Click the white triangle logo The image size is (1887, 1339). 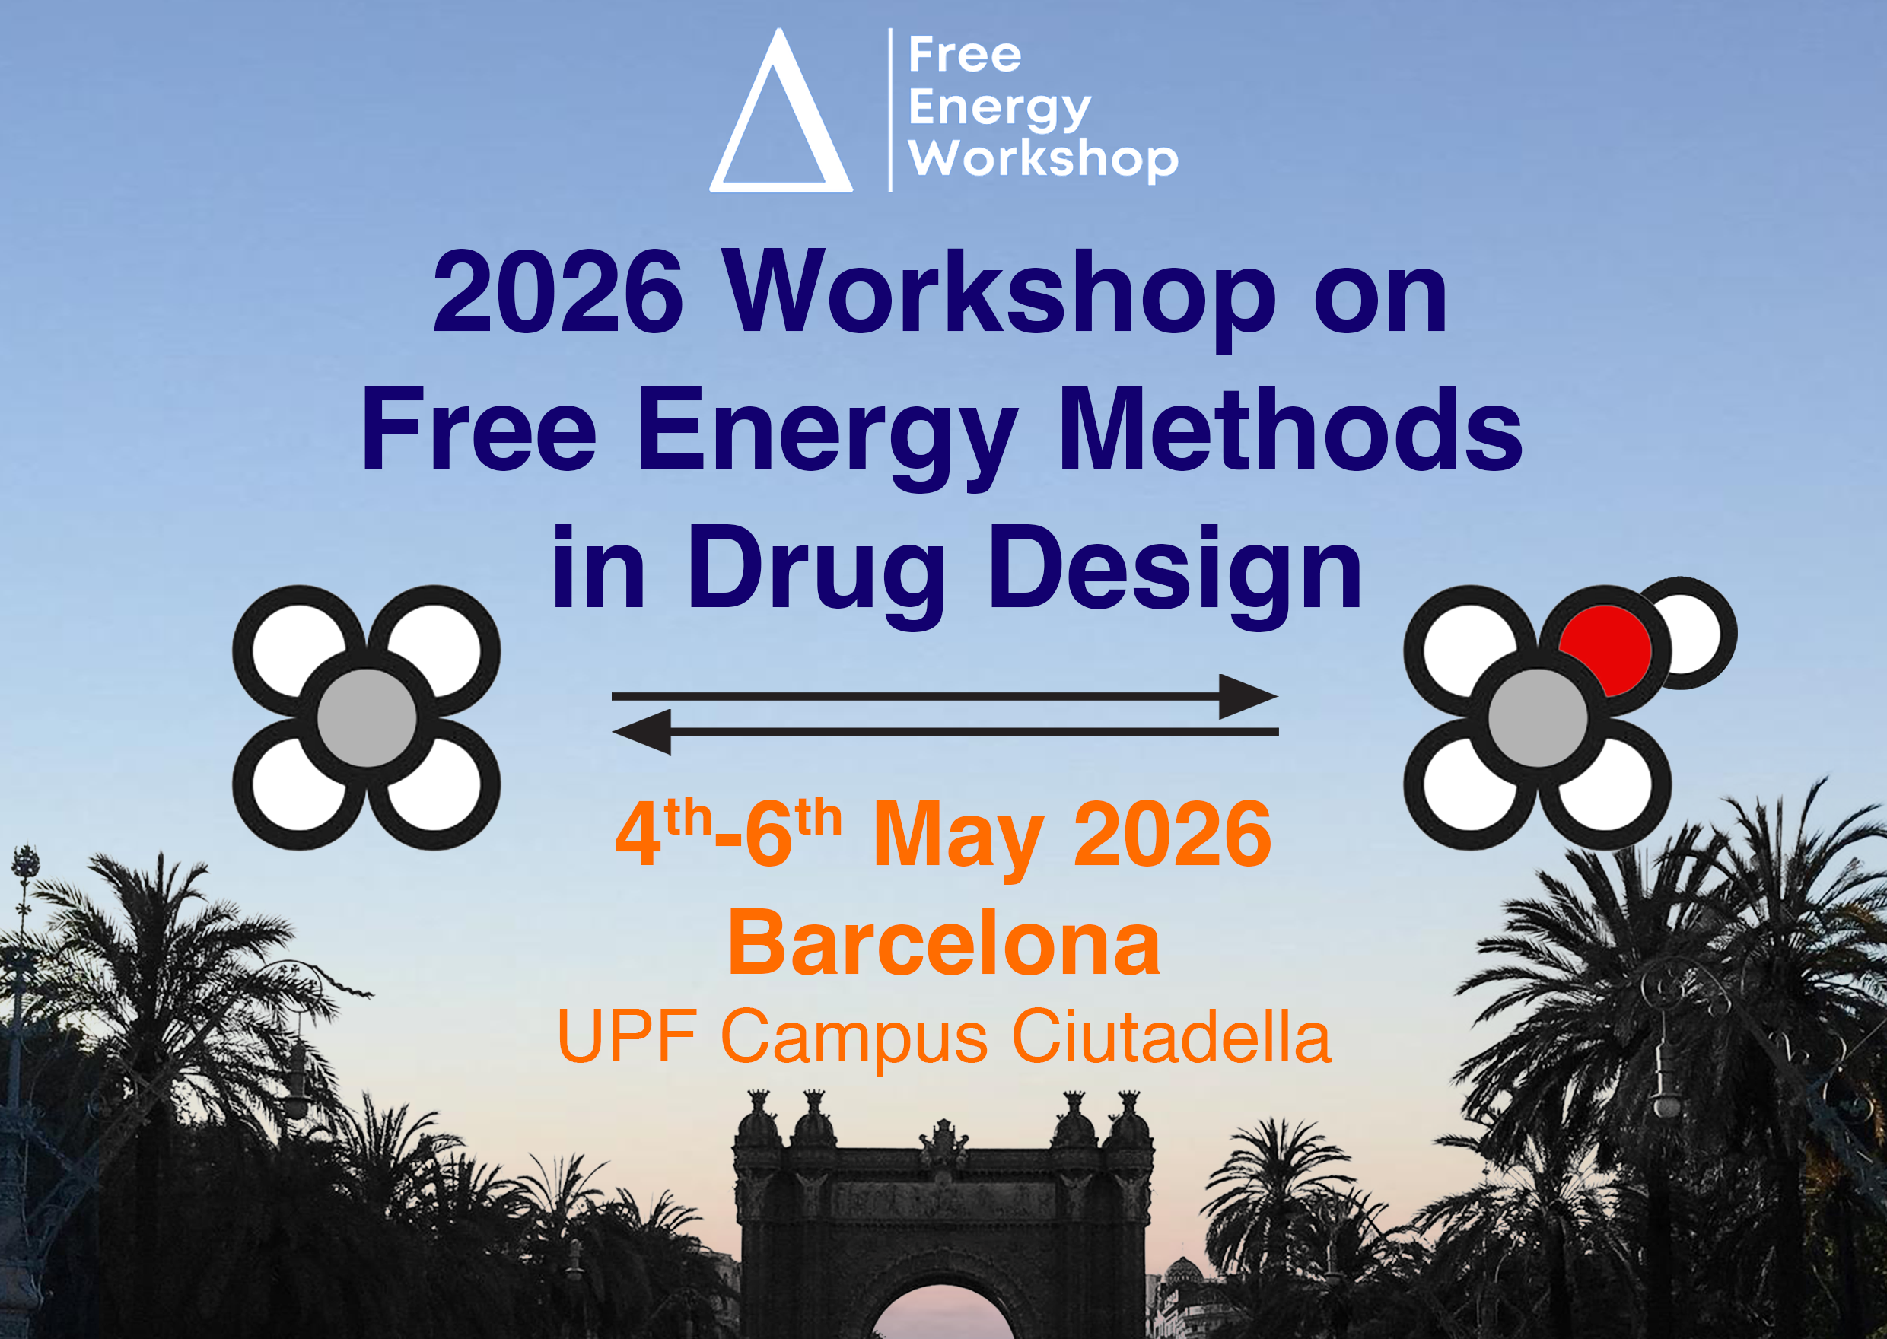pos(780,116)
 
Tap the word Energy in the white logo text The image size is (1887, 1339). pos(998,108)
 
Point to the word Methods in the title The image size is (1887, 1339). pos(1290,431)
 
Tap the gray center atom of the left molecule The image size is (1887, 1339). pos(366,718)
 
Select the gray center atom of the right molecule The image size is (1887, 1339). pos(1537,718)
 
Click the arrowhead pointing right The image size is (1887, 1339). pos(1246,697)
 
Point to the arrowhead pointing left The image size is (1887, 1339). pos(644,731)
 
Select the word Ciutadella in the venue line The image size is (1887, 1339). pos(1170,1037)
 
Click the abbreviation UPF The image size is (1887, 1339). pos(627,1037)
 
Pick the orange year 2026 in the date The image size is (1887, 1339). pos(1173,835)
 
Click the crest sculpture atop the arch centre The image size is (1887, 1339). pos(943,1142)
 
